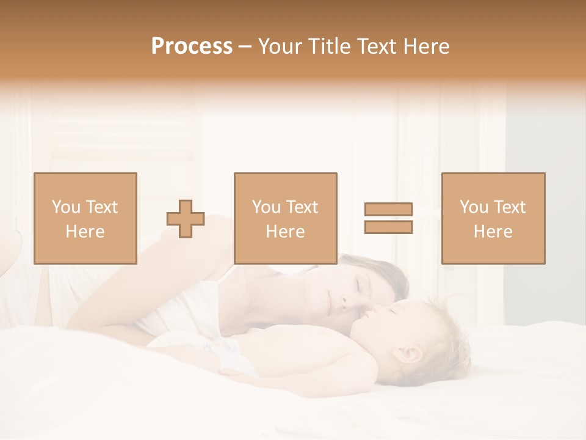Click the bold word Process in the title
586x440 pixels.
pos(192,46)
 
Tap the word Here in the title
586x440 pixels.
pos(426,46)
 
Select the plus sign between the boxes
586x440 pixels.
pos(186,219)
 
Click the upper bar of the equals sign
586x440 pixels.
pos(388,209)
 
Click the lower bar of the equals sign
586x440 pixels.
pos(388,227)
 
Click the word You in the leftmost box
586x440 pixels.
pos(66,207)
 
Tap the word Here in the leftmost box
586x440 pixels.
pos(85,232)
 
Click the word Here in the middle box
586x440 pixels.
pos(285,232)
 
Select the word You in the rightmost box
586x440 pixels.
pos(474,207)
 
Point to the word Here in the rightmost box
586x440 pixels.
pos(493,232)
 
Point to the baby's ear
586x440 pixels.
pos(409,355)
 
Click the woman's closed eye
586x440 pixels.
pos(357,283)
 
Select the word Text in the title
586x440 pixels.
pos(379,46)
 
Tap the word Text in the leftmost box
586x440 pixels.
pos(101,207)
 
